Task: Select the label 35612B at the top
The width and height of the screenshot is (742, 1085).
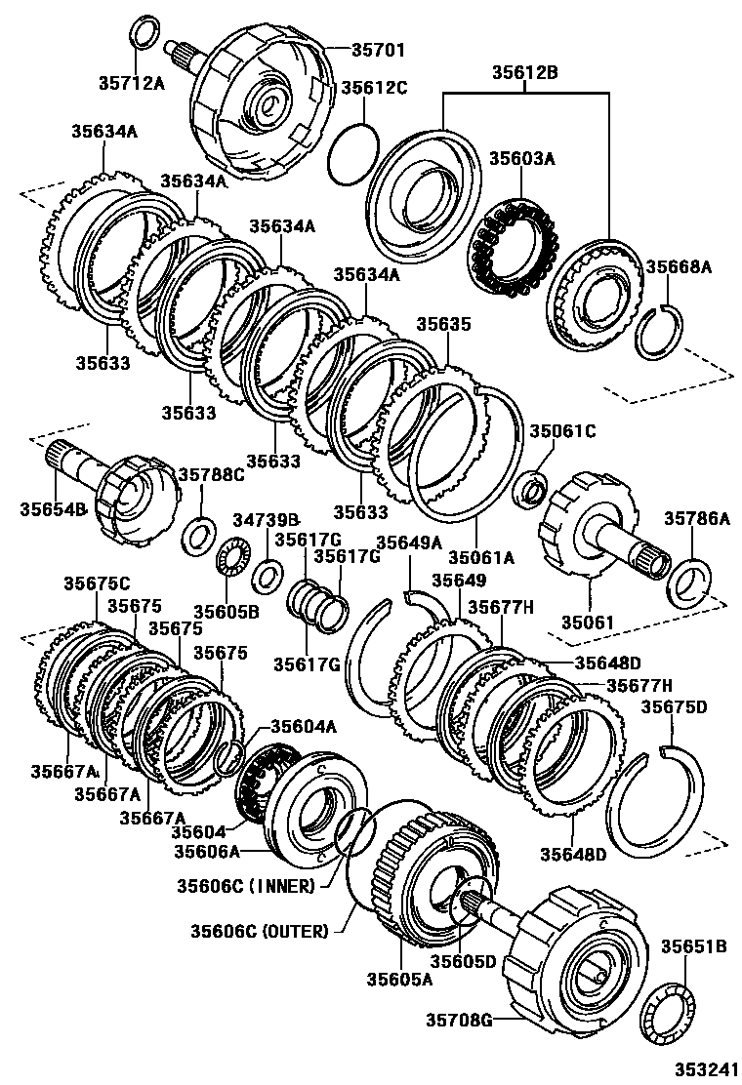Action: tap(524, 72)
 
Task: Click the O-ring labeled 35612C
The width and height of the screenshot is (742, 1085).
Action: tap(352, 154)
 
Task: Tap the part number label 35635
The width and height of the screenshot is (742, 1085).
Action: tap(444, 324)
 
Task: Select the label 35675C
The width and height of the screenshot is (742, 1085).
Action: tap(97, 583)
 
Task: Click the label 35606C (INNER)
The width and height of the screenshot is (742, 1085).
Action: tap(246, 886)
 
